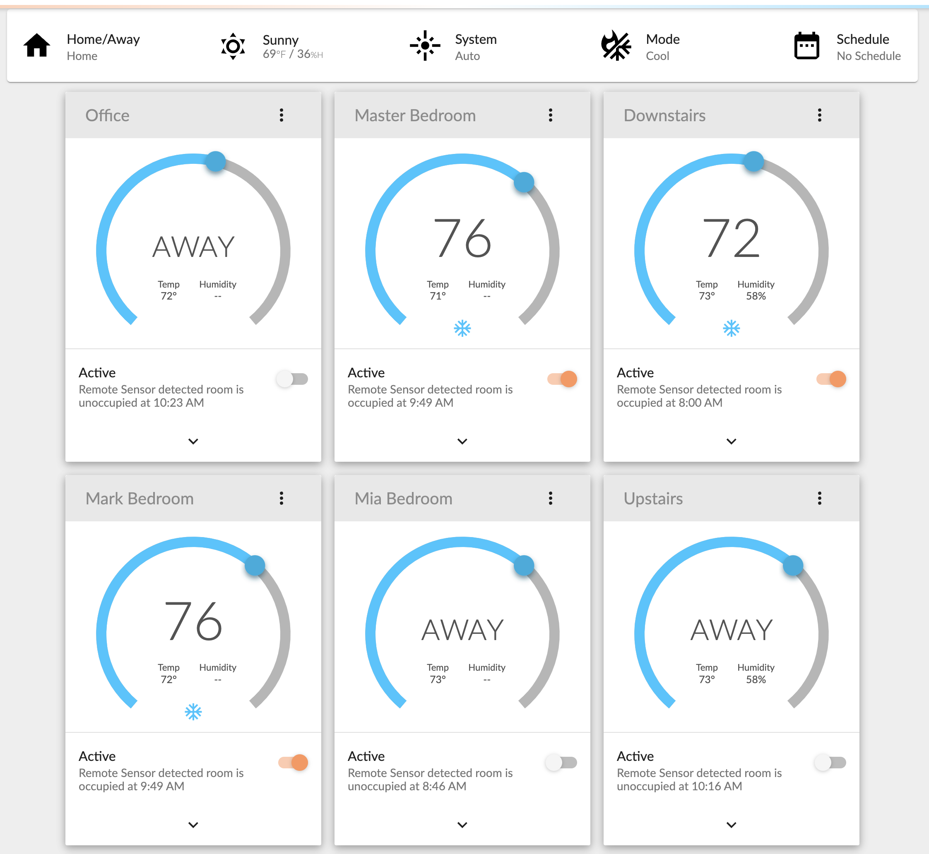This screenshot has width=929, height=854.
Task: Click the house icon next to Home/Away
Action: point(37,46)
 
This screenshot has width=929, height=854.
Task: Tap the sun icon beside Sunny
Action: point(233,46)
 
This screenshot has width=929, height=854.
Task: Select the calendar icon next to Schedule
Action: point(806,46)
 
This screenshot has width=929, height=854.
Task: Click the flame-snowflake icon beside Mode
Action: point(616,46)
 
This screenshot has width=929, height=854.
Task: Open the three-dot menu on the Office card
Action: point(281,115)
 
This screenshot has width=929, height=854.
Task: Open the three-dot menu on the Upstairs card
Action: point(819,498)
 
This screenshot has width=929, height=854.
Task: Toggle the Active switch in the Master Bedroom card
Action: point(562,379)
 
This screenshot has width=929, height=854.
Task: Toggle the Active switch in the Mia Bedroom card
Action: point(561,763)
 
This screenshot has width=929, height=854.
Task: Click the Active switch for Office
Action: point(292,379)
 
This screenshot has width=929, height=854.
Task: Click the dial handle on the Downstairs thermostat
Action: point(754,162)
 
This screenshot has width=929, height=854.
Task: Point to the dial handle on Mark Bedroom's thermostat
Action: point(255,565)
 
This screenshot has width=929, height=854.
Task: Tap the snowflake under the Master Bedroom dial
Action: point(462,329)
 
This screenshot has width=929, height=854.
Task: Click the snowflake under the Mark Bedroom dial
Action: point(193,712)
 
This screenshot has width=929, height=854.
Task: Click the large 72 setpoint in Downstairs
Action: point(731,239)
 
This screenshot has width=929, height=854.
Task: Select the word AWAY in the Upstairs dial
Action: point(731,630)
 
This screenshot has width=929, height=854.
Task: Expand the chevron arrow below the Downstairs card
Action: point(731,441)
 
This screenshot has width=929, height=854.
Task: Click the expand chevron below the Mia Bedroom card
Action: point(462,825)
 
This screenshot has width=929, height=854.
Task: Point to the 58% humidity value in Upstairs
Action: point(756,679)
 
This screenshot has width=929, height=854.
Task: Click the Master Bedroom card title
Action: point(415,115)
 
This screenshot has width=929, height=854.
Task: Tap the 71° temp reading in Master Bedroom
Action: point(438,296)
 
